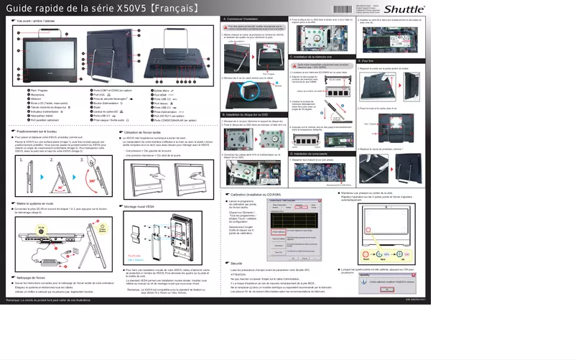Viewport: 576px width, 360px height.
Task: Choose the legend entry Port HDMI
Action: click(x=159, y=94)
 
